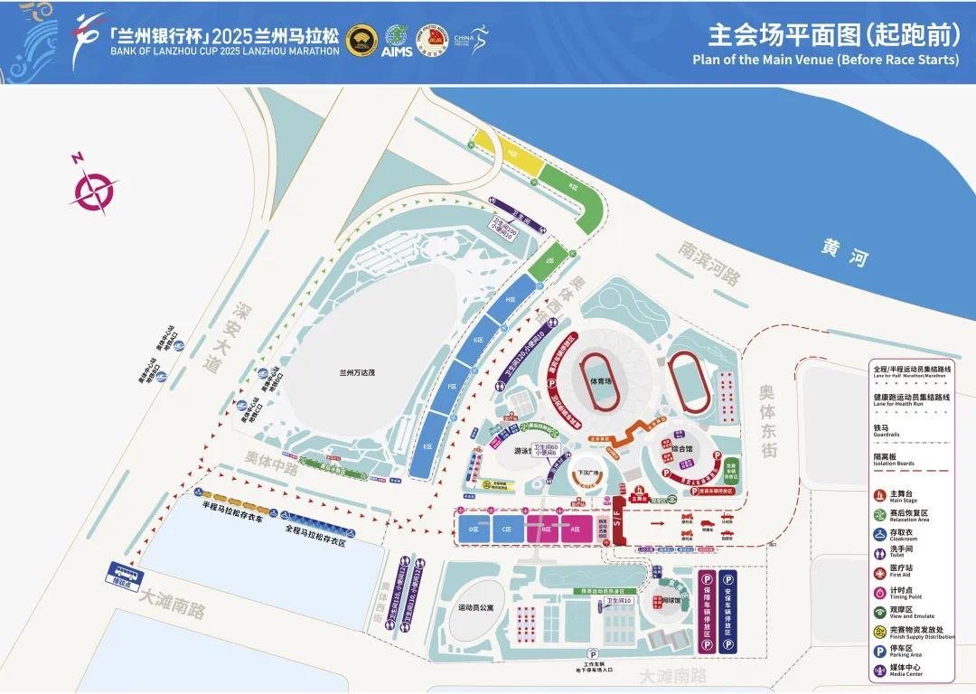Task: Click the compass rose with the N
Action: click(92, 191)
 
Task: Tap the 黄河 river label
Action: click(845, 251)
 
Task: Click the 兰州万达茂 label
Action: click(362, 371)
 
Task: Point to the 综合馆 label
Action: click(683, 448)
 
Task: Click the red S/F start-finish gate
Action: click(619, 520)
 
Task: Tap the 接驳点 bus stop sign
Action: click(122, 573)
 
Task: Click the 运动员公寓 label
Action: click(475, 608)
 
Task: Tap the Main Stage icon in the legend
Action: click(880, 495)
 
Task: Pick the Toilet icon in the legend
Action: click(880, 552)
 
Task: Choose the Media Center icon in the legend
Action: click(880, 670)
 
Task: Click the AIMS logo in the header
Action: click(397, 41)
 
